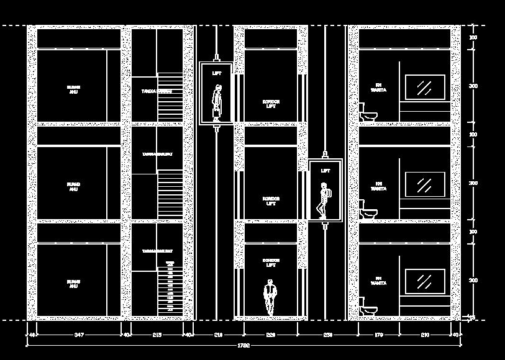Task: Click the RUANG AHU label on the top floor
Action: click(x=73, y=89)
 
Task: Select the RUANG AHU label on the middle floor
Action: click(x=73, y=186)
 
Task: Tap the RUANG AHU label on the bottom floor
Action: click(x=73, y=284)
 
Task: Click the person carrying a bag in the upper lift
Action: click(x=217, y=103)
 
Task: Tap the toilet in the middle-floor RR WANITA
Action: click(x=367, y=210)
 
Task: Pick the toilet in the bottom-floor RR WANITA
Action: click(x=367, y=307)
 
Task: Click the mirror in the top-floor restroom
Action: click(x=425, y=87)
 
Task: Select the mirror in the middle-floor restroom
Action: click(x=425, y=184)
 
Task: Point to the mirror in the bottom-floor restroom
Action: click(x=425, y=282)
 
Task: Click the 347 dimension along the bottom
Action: click(x=79, y=335)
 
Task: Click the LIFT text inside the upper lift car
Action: click(x=216, y=73)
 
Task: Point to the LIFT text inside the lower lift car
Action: click(x=325, y=170)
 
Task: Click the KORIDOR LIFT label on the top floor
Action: click(x=271, y=104)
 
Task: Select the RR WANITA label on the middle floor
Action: click(x=378, y=185)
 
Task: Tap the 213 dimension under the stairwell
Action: click(x=157, y=335)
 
